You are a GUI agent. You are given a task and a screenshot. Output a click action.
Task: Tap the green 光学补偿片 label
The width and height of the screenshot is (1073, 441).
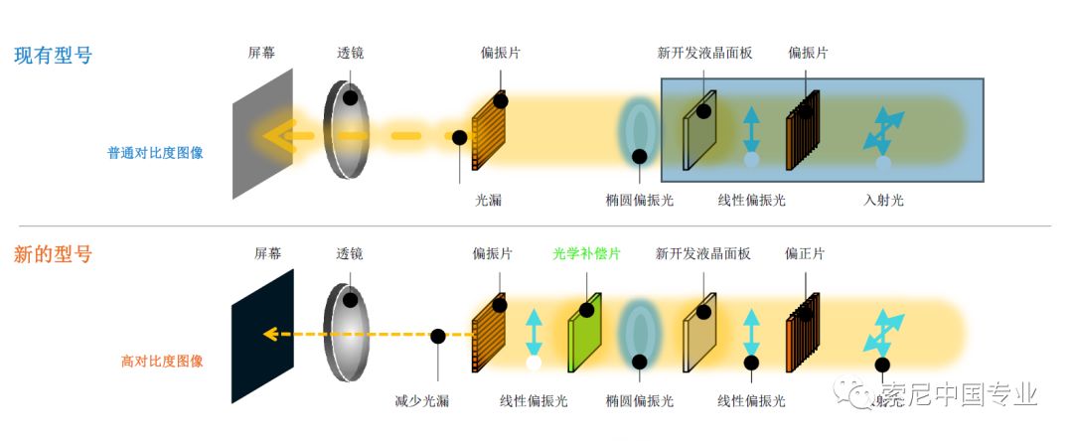click(586, 254)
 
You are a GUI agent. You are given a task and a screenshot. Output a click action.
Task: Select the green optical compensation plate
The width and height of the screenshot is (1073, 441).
click(585, 332)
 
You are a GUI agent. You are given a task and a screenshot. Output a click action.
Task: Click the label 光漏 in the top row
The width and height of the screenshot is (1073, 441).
click(488, 200)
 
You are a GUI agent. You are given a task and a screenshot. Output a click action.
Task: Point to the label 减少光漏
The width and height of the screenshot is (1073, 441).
click(422, 400)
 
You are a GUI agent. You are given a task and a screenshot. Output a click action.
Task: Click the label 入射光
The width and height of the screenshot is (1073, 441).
click(883, 200)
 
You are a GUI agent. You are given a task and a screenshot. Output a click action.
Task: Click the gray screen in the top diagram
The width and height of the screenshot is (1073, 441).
click(263, 134)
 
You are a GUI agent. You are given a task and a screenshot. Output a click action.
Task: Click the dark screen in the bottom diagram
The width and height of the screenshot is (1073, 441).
click(263, 335)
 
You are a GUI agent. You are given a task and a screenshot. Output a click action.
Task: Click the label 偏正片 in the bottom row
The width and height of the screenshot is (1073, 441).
click(805, 254)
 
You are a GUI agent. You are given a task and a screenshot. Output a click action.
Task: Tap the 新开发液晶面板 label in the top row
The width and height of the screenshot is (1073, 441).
click(704, 53)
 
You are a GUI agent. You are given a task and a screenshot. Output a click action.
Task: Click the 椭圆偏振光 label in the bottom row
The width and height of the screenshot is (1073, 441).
click(639, 400)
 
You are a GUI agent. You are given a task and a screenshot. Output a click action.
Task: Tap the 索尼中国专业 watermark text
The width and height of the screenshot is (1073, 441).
click(959, 393)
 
